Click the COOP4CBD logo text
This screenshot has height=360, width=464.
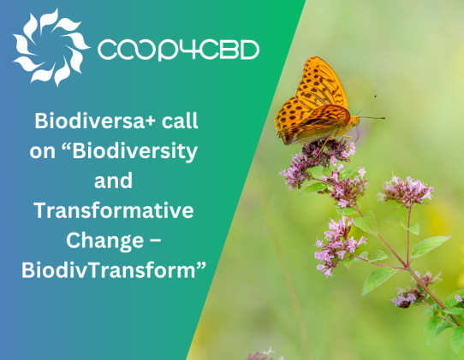pyautogui.click(x=178, y=50)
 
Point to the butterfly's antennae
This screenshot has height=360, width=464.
pyautogui.click(x=368, y=109)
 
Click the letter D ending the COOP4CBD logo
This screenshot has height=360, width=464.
pyautogui.click(x=247, y=50)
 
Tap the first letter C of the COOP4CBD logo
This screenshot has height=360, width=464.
pyautogui.click(x=109, y=50)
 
